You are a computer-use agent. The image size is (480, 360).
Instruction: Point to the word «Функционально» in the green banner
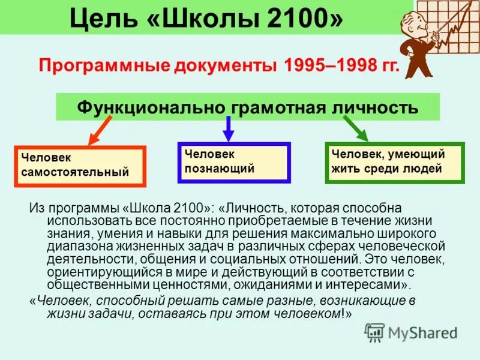point(150,108)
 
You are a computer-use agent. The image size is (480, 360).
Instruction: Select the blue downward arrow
point(228,127)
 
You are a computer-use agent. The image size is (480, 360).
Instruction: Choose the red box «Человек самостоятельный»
point(79,165)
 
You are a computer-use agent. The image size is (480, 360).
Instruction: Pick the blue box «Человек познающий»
point(234,162)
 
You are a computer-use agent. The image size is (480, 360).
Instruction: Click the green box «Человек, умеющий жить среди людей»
point(394,162)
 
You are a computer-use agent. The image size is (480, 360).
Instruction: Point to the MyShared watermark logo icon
point(374,332)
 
